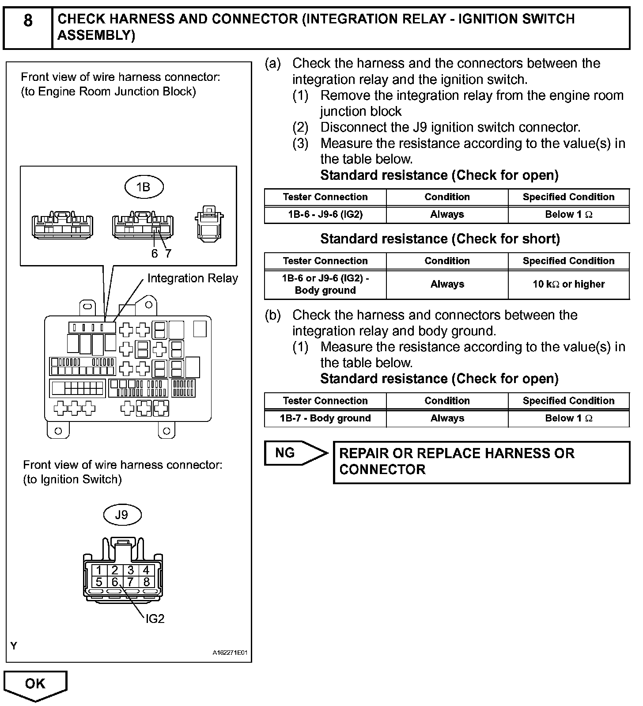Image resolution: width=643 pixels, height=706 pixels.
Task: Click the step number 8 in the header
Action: click(27, 21)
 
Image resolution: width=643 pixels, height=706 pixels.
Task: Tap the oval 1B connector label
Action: click(144, 187)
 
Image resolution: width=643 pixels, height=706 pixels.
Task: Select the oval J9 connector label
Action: click(122, 515)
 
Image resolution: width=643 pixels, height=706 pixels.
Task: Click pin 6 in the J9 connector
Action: click(115, 582)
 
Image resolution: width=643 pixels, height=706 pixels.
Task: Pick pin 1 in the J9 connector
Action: click(99, 570)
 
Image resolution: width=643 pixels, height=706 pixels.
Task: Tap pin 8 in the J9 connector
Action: click(147, 582)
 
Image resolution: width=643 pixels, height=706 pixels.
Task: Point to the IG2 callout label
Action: click(155, 619)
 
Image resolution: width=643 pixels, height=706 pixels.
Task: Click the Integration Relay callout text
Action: click(193, 278)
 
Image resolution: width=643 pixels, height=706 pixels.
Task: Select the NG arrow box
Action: click(295, 453)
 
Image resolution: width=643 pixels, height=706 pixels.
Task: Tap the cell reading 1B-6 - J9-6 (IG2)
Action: click(325, 215)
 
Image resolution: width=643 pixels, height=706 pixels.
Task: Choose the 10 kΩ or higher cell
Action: click(568, 284)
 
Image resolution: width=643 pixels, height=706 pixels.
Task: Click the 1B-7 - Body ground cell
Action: click(325, 418)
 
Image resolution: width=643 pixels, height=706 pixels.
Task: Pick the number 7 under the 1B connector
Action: click(168, 254)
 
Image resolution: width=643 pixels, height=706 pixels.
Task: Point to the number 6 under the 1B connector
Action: click(154, 254)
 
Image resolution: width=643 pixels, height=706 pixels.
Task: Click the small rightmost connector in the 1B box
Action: click(209, 223)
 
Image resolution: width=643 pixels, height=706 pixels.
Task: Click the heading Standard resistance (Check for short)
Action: click(440, 239)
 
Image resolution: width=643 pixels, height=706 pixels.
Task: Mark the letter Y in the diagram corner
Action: click(14, 646)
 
